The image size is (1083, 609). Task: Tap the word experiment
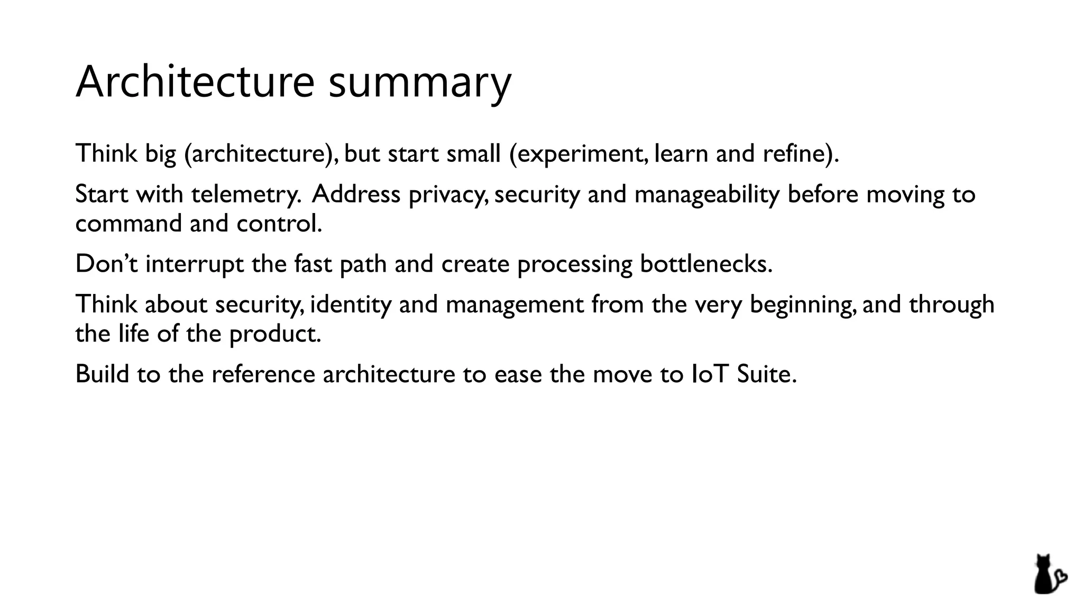coord(583,154)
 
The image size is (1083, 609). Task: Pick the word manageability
coord(706,195)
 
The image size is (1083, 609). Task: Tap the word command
coord(129,223)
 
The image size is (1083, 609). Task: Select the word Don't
coord(106,263)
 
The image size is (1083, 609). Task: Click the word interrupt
coord(195,264)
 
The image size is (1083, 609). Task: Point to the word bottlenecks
coord(705,263)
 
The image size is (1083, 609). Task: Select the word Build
coord(102,374)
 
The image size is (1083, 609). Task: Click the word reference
coord(263,374)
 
